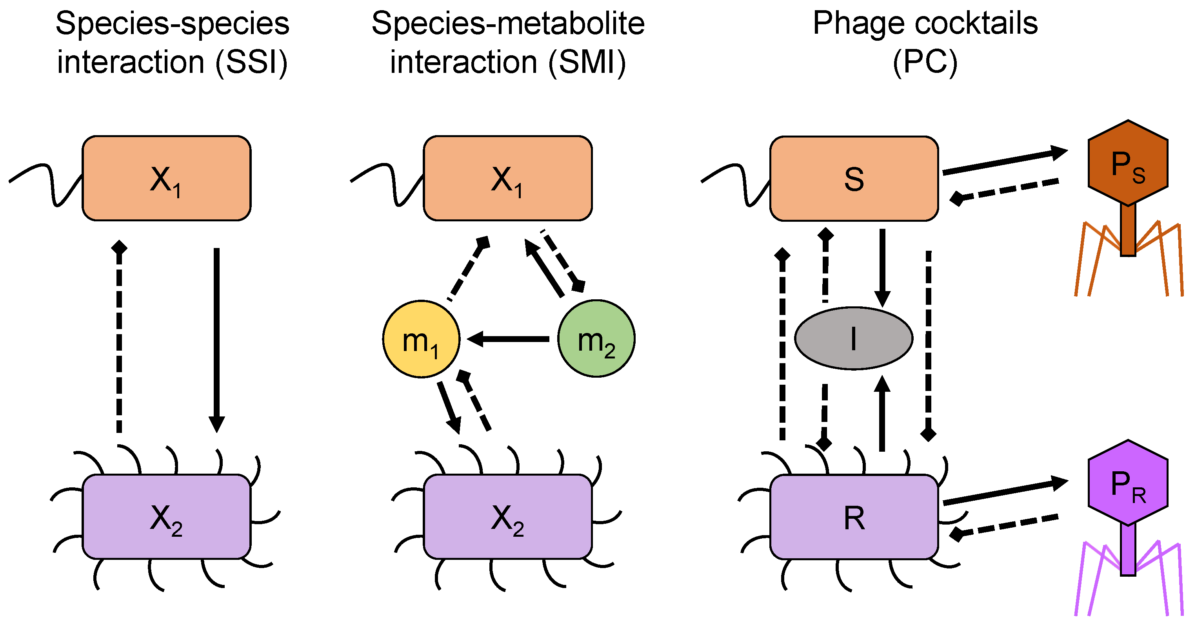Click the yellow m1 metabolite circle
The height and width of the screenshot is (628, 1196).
pos(421,339)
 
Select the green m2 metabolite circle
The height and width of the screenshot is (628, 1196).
pos(596,338)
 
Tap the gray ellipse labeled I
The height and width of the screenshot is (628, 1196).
pos(853,338)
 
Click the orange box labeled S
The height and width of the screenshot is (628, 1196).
pos(854,179)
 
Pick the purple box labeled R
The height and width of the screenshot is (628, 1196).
pos(854,517)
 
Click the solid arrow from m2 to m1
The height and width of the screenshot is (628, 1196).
pos(508,339)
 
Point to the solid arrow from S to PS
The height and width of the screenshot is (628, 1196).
pos(1003,161)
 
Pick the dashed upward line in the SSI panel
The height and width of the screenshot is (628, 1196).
pos(119,338)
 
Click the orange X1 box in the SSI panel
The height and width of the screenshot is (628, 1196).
pos(166,179)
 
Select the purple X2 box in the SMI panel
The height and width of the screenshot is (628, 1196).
pos(507,517)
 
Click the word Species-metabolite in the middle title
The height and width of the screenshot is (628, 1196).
pos(508,23)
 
